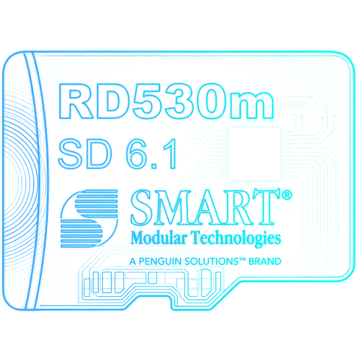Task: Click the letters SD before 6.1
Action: point(84,154)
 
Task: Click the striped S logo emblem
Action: point(89,218)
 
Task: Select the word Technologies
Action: point(236,239)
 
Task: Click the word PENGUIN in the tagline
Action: point(160,262)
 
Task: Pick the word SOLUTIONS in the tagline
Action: point(212,262)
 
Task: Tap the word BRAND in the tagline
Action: point(264,262)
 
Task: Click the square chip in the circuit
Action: point(254,154)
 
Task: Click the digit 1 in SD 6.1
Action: point(170,154)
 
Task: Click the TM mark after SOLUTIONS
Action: point(242,259)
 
